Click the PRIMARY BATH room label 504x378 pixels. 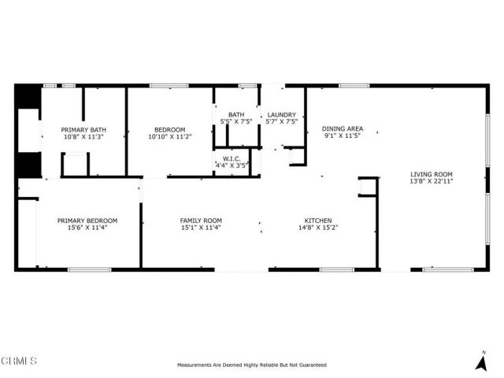coord(84,129)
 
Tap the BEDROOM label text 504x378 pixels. coord(170,129)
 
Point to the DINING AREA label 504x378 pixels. coord(343,128)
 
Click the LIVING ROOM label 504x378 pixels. coord(431,174)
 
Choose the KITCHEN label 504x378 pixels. coord(318,220)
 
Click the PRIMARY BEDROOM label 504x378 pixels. coord(87,220)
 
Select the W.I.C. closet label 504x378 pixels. coord(232,158)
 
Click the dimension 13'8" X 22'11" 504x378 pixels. coord(431,182)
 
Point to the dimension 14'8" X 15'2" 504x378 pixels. coord(318,228)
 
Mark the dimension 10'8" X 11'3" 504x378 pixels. coord(84,136)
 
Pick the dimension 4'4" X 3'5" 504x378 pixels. coord(232,165)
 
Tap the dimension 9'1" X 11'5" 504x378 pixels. coord(343,136)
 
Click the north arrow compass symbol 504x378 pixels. coord(481,361)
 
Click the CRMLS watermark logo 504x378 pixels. coord(19,361)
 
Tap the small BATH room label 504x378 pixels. coord(236,115)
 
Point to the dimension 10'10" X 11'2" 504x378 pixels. coord(170,136)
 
